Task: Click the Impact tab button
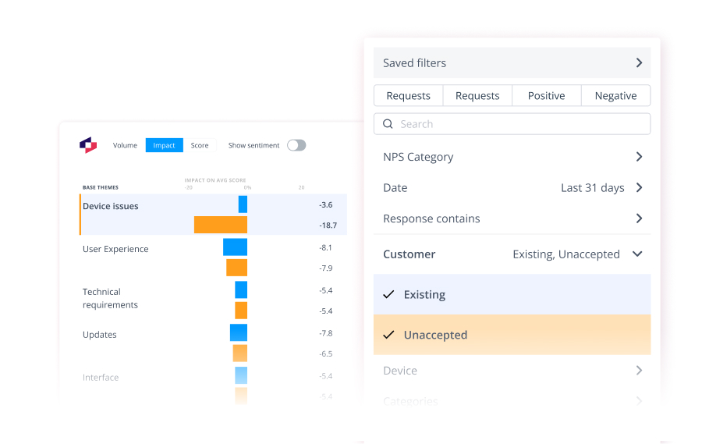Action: [x=164, y=145]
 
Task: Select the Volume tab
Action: [x=125, y=145]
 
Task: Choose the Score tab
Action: [x=200, y=145]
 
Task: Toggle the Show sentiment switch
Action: [x=296, y=145]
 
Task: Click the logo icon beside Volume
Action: [x=88, y=145]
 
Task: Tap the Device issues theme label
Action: [x=111, y=206]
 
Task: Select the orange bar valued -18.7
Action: [x=221, y=225]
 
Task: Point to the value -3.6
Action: [x=326, y=204]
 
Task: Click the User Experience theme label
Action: [x=115, y=249]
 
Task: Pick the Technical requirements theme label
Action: [x=110, y=298]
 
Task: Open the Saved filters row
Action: [x=512, y=62]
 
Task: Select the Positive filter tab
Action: [x=546, y=96]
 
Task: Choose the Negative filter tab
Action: [x=615, y=96]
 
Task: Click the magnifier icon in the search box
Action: [x=388, y=124]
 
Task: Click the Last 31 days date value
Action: [x=593, y=188]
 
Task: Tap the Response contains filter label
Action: [x=431, y=218]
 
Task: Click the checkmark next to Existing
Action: [x=389, y=294]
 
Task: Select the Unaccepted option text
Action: [x=435, y=335]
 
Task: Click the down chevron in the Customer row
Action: [x=637, y=254]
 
